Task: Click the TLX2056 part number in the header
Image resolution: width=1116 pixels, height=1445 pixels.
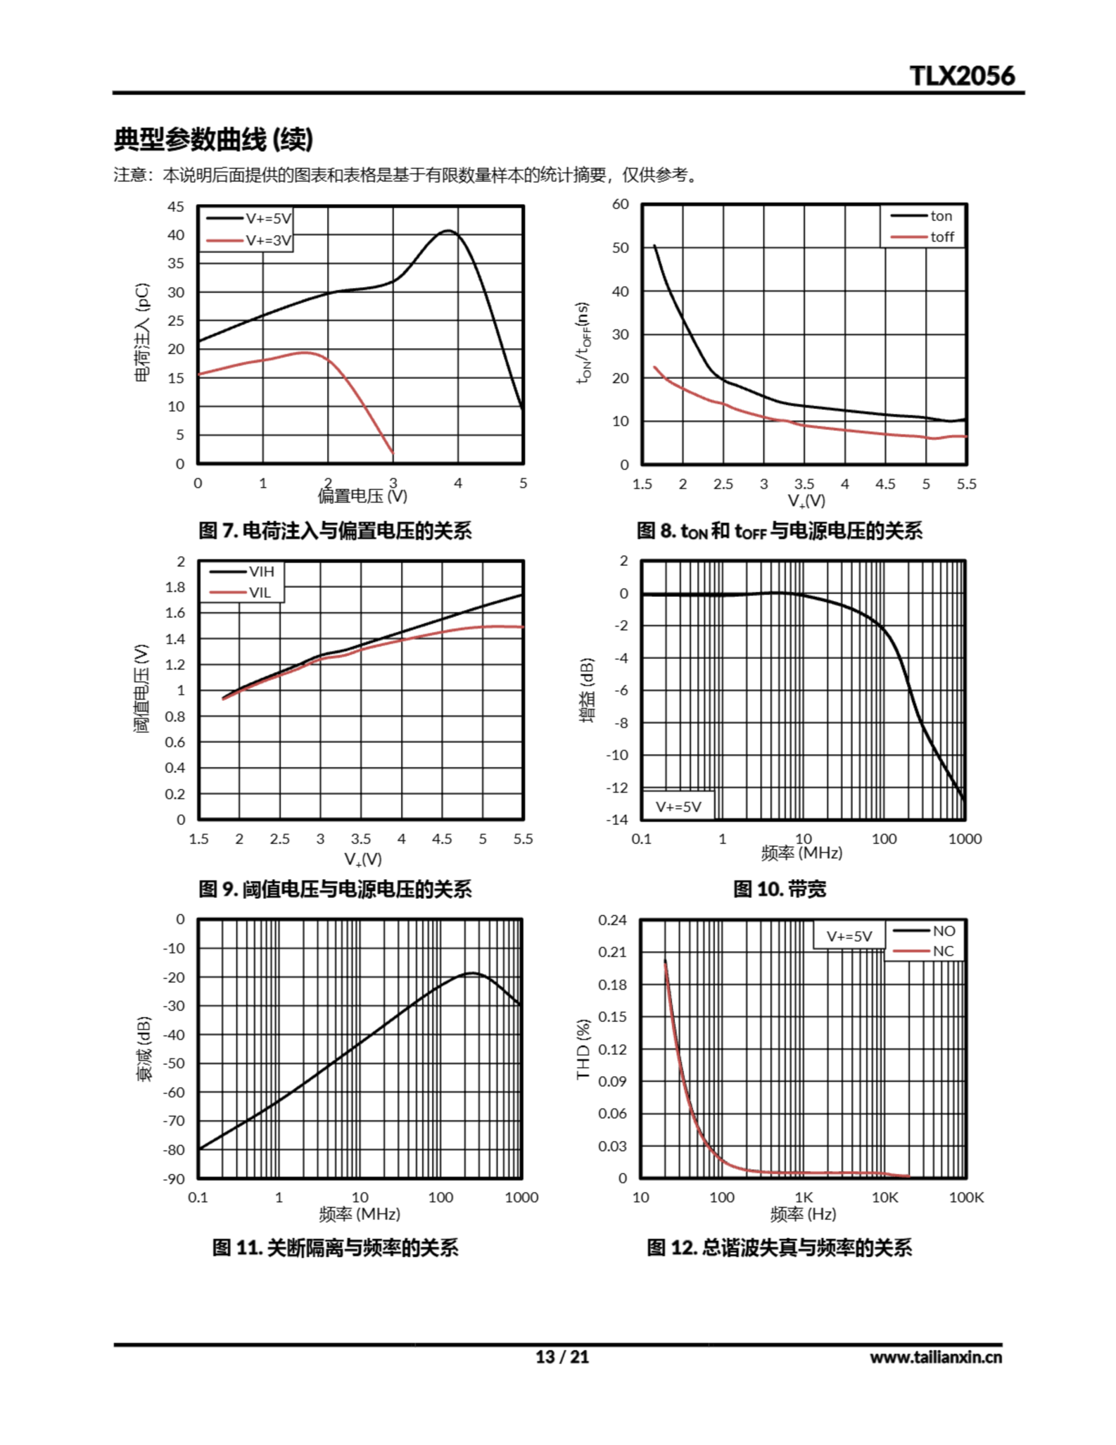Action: pyautogui.click(x=962, y=76)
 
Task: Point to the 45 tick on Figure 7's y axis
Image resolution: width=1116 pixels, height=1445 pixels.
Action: pyautogui.click(x=175, y=207)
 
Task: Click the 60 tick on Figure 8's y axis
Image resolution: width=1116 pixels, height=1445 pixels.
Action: pyautogui.click(x=620, y=204)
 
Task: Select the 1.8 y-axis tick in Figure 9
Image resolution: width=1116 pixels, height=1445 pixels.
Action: pyautogui.click(x=175, y=588)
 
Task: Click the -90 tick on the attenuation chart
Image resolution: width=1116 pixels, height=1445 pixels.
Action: pyautogui.click(x=174, y=1179)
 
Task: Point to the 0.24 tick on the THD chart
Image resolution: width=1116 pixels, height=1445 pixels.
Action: pyautogui.click(x=612, y=919)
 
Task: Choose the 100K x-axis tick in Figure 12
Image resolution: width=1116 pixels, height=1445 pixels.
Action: pyautogui.click(x=966, y=1197)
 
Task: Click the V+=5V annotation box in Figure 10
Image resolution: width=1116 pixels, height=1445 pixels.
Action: pyautogui.click(x=678, y=807)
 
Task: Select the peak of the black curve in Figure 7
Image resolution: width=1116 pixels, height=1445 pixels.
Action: pyautogui.click(x=449, y=231)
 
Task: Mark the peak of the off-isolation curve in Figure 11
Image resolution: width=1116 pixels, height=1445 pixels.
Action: pyautogui.click(x=472, y=973)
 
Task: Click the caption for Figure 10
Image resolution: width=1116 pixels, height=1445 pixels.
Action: pyautogui.click(x=779, y=888)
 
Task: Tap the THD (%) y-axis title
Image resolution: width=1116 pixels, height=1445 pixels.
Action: pyautogui.click(x=583, y=1049)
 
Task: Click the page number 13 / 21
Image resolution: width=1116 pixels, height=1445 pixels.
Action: pyautogui.click(x=561, y=1357)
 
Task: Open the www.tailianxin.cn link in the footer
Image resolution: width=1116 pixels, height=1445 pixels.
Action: pyautogui.click(x=935, y=1358)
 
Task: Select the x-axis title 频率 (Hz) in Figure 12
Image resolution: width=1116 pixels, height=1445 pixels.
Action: pyautogui.click(x=802, y=1214)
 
